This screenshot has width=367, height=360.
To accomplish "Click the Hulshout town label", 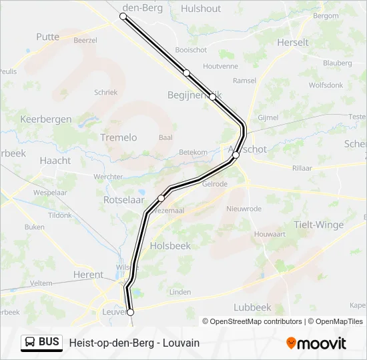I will click(x=201, y=9).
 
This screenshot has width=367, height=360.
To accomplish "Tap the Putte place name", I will click(x=48, y=37).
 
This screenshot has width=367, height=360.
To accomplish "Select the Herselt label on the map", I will click(x=293, y=42).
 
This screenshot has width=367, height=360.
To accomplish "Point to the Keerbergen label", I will click(x=46, y=119).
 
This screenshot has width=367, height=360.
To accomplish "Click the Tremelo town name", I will click(x=118, y=137).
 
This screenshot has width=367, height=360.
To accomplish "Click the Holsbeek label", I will click(x=171, y=245).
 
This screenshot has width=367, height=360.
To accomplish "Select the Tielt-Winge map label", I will click(x=319, y=225).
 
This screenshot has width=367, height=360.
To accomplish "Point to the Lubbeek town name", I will click(x=253, y=307).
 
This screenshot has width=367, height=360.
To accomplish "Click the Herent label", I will click(x=88, y=274).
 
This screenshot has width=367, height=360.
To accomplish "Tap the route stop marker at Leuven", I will click(x=130, y=312).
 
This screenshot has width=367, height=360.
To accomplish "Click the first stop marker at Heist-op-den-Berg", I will click(x=123, y=16).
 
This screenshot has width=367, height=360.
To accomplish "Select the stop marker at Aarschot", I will click(x=236, y=155).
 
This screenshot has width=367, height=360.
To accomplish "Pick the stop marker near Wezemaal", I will click(x=161, y=198).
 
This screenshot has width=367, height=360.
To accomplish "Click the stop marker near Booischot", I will click(x=187, y=73).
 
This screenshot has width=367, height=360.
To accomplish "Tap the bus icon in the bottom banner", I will click(x=30, y=343).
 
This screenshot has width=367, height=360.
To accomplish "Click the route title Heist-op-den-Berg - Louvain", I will click(x=134, y=343).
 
